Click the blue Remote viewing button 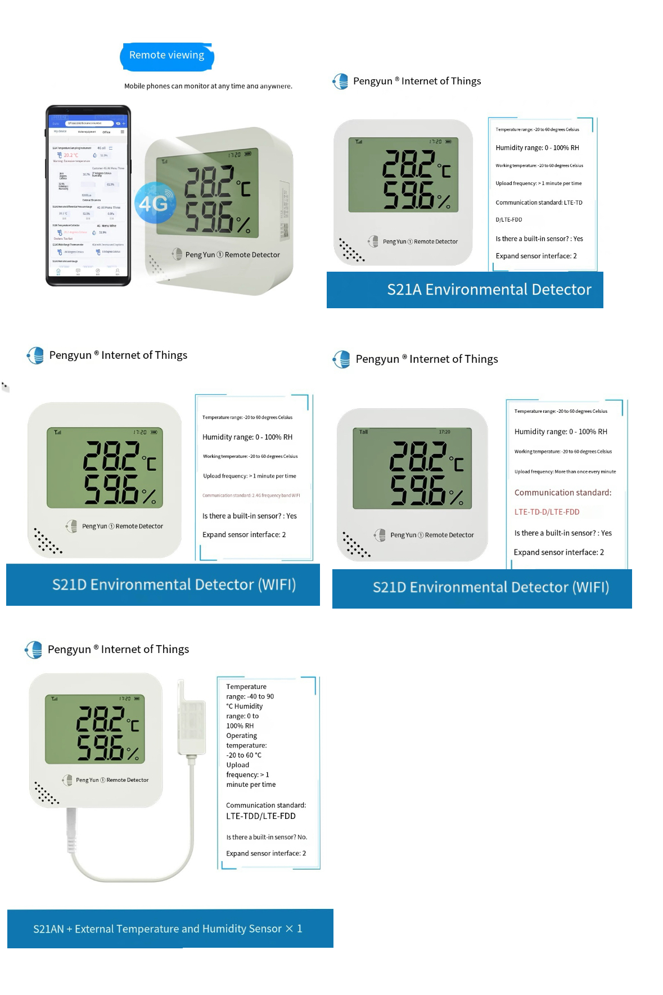(x=166, y=56)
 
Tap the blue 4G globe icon (x=154, y=202)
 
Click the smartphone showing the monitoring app (x=88, y=195)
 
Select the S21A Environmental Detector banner (x=464, y=290)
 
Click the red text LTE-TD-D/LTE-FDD (x=547, y=512)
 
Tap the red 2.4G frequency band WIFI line (x=251, y=496)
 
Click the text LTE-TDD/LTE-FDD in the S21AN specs (x=260, y=816)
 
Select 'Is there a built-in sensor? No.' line (x=267, y=837)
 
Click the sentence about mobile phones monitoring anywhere (x=208, y=86)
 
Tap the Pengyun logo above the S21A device (x=341, y=82)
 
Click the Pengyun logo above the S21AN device (x=34, y=650)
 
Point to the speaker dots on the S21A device (x=351, y=250)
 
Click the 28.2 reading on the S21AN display (x=101, y=719)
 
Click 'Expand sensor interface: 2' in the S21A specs (x=536, y=256)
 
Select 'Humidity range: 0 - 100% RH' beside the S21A (x=537, y=148)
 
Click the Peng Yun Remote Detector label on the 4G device (x=232, y=255)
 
